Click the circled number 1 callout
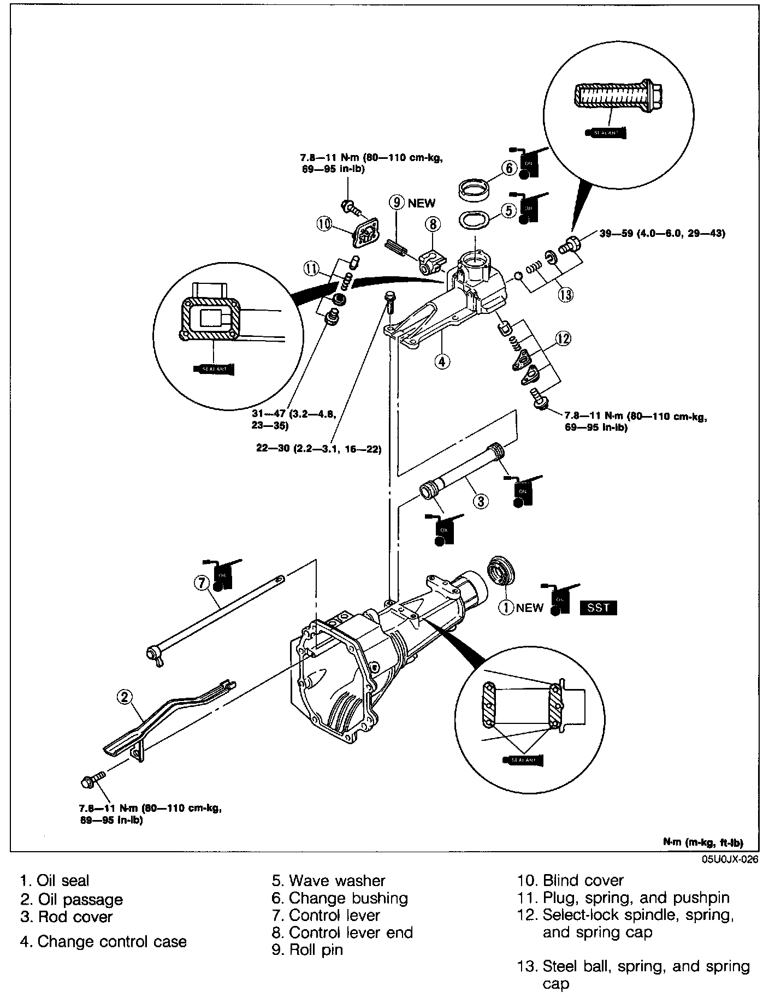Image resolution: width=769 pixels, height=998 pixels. point(506,607)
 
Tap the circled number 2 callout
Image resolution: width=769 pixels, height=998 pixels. point(125,696)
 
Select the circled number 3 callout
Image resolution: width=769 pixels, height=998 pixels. point(480,501)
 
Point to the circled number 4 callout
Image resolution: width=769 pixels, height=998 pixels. point(442,361)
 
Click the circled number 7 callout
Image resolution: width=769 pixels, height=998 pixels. point(201,584)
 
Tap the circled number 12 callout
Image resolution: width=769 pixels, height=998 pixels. point(563,339)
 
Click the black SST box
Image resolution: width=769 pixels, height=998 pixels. point(598,607)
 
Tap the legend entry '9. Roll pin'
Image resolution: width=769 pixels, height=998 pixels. point(307,949)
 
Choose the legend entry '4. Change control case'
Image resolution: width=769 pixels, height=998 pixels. point(103,941)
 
